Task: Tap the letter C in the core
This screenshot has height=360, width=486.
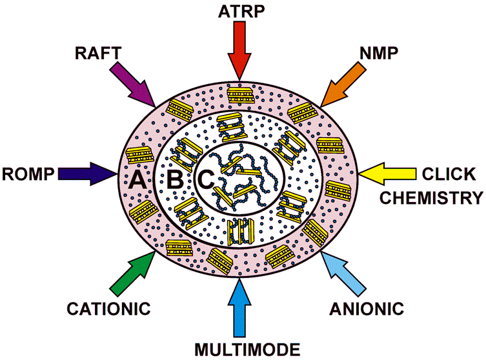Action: [206, 180]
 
